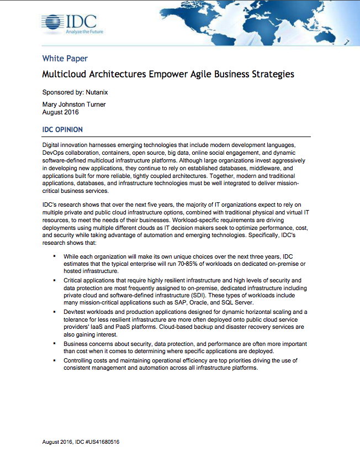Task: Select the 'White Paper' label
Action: pos(65,58)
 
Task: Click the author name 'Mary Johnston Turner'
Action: pos(75,104)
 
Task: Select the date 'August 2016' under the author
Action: pos(60,112)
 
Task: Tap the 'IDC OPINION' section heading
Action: pos(62,129)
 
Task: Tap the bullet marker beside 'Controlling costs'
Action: pos(54,360)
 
